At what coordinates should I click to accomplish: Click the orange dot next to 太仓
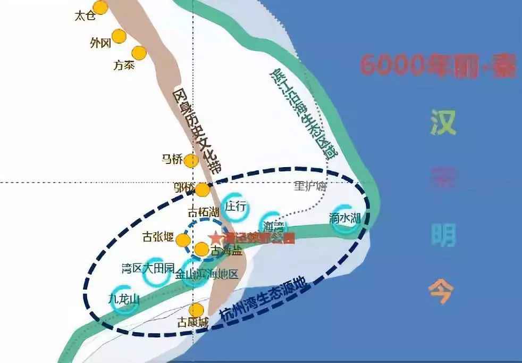click(x=100, y=7)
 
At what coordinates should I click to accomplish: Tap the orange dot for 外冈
click(x=119, y=36)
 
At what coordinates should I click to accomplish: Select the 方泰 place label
click(x=124, y=65)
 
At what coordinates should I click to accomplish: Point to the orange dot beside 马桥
click(x=190, y=159)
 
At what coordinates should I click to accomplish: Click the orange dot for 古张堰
click(x=183, y=241)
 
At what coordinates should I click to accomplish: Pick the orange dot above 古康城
click(x=197, y=310)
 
